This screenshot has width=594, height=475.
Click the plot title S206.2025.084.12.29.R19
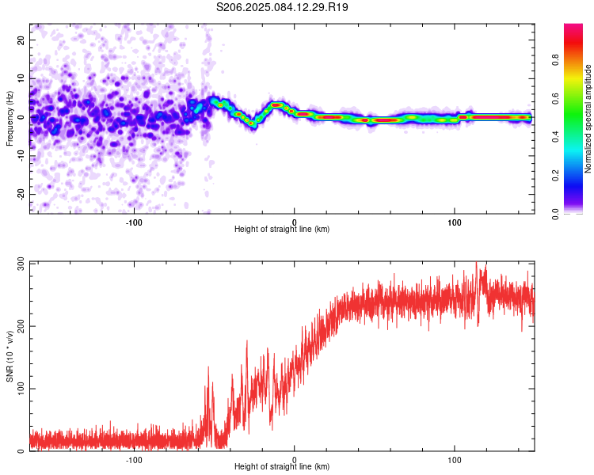click(283, 7)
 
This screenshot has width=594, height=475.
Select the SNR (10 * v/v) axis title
click(10, 356)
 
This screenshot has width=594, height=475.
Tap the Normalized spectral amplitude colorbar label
click(588, 119)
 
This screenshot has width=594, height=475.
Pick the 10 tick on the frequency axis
click(22, 78)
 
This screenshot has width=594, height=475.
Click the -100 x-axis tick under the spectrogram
click(134, 222)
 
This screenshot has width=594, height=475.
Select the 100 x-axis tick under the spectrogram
click(455, 222)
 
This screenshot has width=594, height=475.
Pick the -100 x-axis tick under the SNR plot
click(134, 460)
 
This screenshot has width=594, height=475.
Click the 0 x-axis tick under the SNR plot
click(295, 460)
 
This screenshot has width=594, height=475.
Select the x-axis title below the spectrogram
click(282, 229)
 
